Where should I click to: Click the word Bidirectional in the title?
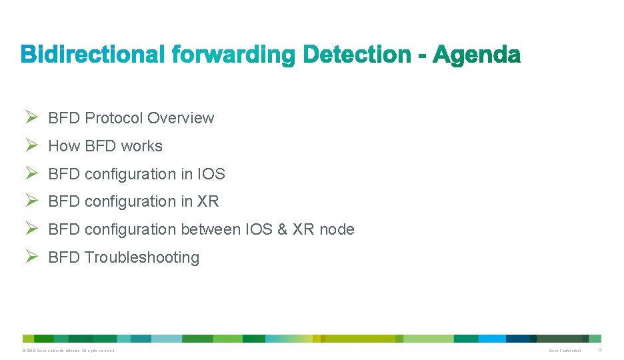coord(93,55)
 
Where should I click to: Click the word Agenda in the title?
coord(477,55)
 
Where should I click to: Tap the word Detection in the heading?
coord(356,55)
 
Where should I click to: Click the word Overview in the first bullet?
coord(181,118)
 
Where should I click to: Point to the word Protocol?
coord(114,118)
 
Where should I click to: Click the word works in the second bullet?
coord(141,146)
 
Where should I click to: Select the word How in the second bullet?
coord(64,146)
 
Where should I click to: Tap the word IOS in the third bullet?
coord(211,174)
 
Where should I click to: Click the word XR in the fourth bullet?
coord(208,201)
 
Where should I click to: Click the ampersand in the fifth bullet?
coord(282,229)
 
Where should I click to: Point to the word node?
coord(337,229)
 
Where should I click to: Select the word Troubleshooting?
coord(142,257)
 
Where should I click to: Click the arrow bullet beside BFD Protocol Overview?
coord(31,117)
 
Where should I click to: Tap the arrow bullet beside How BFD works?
coord(31,145)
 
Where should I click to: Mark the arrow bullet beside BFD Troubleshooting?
coord(31,257)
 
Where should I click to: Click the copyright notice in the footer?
coord(68,350)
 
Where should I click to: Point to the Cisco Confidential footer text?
coord(565,350)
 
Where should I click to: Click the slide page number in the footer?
coord(600,350)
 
